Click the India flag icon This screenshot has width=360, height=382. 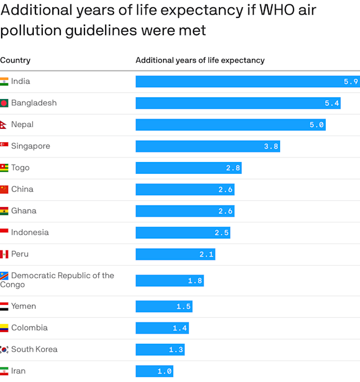4,82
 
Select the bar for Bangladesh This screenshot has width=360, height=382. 237,103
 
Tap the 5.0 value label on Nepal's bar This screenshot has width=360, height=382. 317,125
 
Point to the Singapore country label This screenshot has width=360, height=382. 30,146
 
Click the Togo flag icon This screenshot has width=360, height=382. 4,168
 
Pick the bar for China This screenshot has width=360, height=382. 184,190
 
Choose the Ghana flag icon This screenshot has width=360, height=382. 4,211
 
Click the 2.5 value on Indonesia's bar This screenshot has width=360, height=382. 222,233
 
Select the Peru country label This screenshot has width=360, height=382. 20,254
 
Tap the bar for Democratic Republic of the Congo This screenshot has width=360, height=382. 169,280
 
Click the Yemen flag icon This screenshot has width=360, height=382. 4,307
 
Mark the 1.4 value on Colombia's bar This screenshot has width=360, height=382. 180,328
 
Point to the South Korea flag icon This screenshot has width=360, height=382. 4,349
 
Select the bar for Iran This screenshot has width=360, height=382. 154,371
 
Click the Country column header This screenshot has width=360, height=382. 15,60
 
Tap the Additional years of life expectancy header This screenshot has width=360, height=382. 200,60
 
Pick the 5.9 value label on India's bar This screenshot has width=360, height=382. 351,82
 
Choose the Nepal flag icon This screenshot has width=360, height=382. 4,125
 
